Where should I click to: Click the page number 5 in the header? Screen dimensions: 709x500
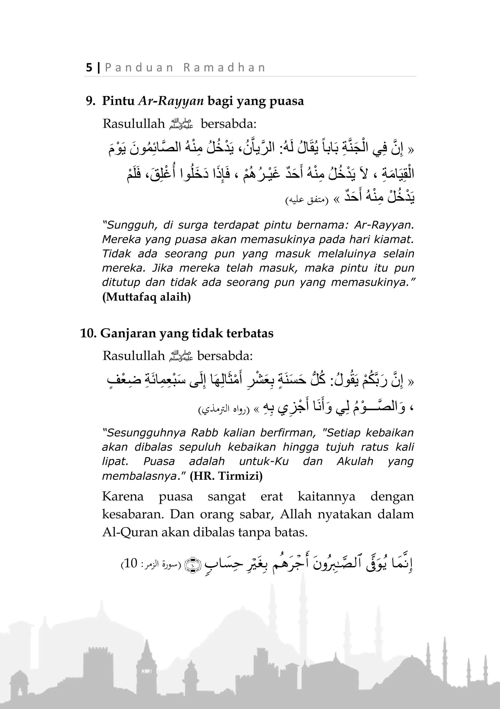[x=89, y=68]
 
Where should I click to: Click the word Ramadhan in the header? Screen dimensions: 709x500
[x=224, y=68]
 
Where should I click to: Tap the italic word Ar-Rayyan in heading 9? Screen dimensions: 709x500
[x=171, y=101]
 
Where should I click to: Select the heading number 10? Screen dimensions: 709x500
[x=88, y=333]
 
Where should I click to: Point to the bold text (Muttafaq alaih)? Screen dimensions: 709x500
[x=146, y=297]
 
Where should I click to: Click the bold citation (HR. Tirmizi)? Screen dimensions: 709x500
[x=226, y=476]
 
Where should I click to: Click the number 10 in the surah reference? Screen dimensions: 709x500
[x=130, y=563]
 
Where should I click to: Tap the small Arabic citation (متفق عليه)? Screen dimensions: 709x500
[x=307, y=201]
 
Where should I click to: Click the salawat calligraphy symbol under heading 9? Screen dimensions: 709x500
[x=182, y=124]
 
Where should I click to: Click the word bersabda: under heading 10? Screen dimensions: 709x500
[x=225, y=356]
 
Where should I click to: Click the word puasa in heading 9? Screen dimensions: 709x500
[x=286, y=101]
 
